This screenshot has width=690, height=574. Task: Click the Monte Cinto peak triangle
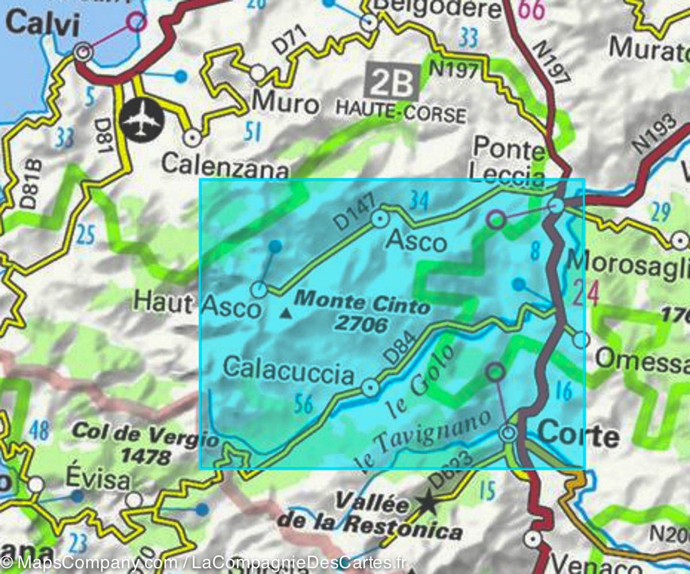pyautogui.click(x=285, y=314)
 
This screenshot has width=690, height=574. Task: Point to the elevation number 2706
pyautogui.click(x=361, y=325)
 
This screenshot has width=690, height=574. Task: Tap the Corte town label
pyautogui.click(x=580, y=436)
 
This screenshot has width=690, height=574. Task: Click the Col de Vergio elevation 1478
pyautogui.click(x=146, y=457)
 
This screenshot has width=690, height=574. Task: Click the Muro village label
pyautogui.click(x=285, y=104)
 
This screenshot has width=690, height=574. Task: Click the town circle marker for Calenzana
pyautogui.click(x=191, y=137)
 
